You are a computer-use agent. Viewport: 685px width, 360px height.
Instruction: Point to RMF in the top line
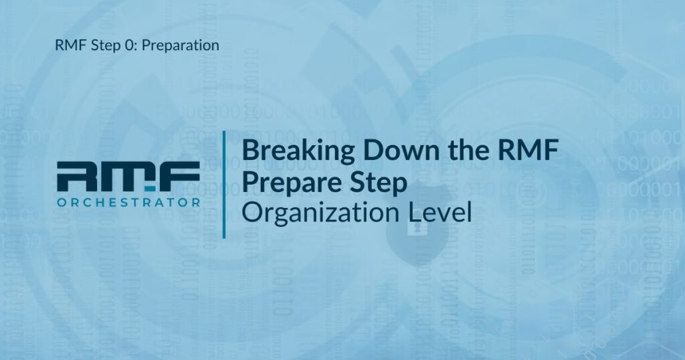pos(71,45)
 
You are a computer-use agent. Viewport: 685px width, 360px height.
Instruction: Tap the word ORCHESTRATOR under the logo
pos(128,202)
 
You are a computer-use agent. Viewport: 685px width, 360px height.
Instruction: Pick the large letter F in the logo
pos(179,176)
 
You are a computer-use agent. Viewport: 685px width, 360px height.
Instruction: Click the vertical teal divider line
pos(224,185)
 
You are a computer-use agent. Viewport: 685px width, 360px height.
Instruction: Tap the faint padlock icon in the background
pos(417,226)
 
